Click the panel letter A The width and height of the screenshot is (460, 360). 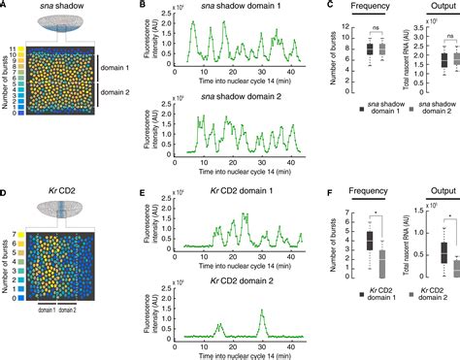point(6,6)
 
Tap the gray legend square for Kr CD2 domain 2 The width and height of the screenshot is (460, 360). point(398,307)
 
